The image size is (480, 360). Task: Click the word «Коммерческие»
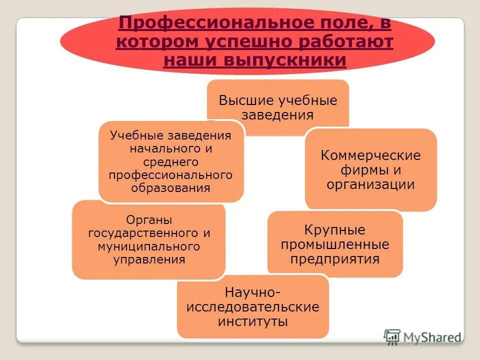point(370,155)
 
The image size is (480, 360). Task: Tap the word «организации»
point(370,184)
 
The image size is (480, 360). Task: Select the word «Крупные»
point(334,230)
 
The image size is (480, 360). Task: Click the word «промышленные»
point(334,245)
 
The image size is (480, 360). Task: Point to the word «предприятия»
point(334,259)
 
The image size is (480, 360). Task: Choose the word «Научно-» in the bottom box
point(252,291)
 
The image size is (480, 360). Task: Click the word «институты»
point(252,320)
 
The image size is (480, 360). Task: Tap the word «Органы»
point(149,220)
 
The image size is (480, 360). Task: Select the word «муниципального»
point(149,246)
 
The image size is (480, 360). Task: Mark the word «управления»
point(149,260)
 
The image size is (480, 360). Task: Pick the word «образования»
point(170,188)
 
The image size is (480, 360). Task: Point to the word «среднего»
point(170,161)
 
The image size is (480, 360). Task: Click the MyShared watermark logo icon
point(392,336)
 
